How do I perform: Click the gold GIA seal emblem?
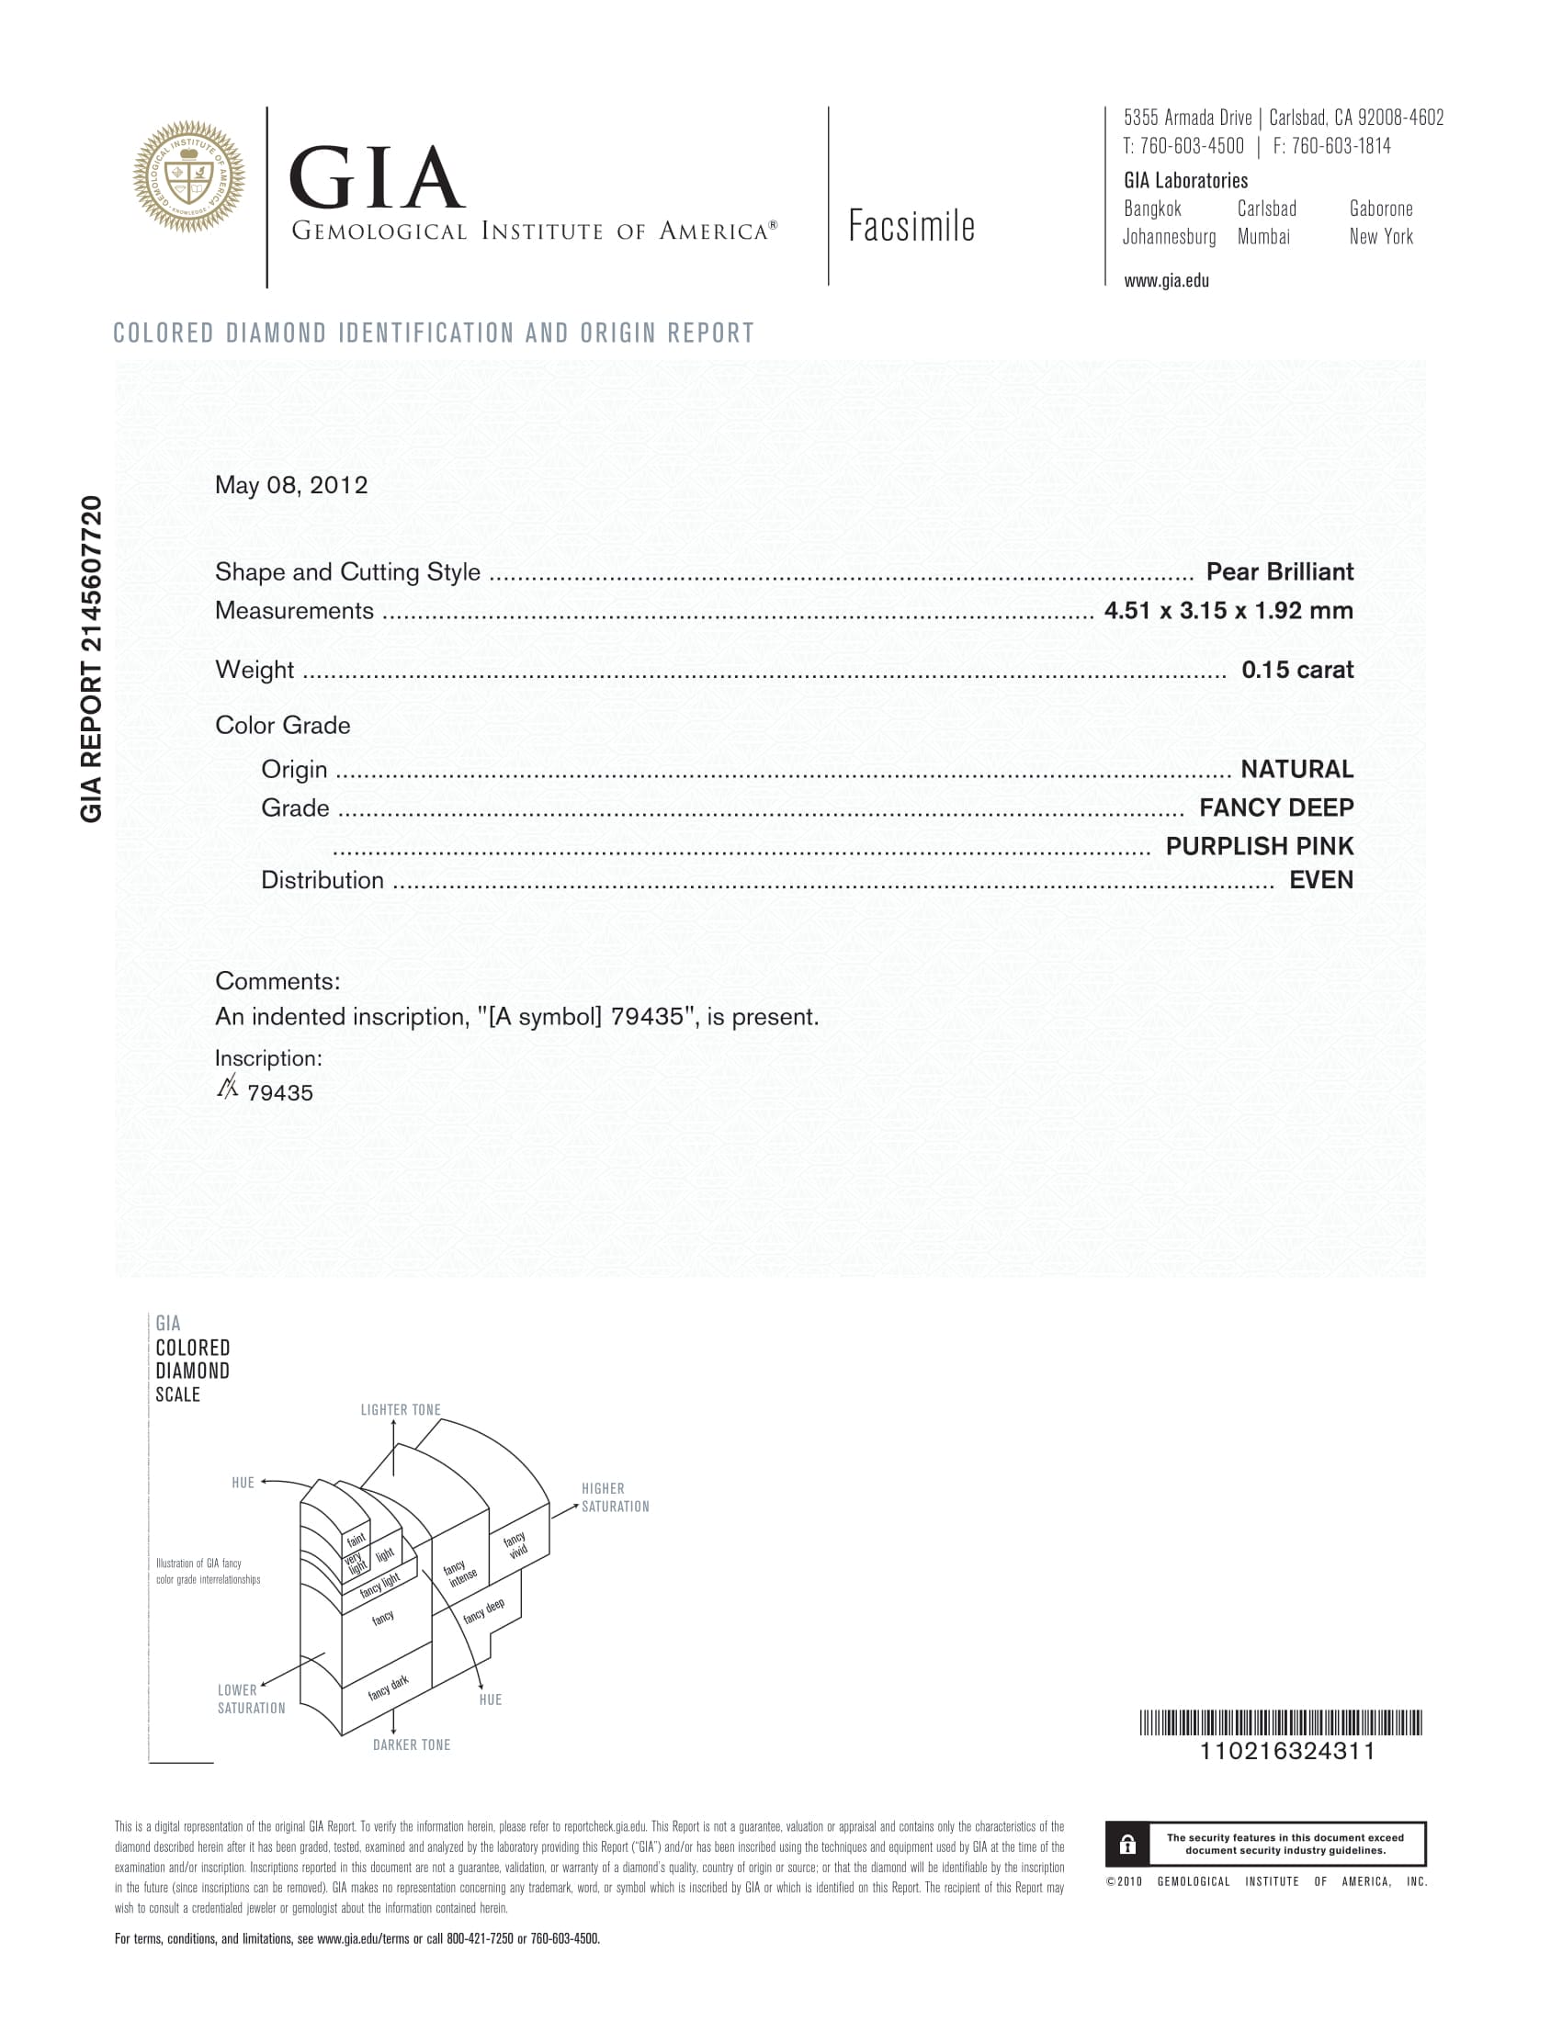point(188,175)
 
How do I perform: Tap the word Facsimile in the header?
point(911,227)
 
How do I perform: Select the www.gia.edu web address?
point(1166,280)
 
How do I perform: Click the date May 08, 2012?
point(290,485)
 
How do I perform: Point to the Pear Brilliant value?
point(1279,572)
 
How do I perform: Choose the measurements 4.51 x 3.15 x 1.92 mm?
point(1228,611)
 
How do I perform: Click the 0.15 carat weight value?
point(1296,670)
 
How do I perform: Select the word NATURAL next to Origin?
point(1296,769)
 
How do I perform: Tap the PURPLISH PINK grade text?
point(1259,846)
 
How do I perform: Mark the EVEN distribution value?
point(1320,880)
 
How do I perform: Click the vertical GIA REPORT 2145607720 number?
point(91,659)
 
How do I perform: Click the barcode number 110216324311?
point(1286,1751)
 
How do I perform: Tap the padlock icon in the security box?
point(1127,1845)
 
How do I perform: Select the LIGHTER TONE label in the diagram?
point(401,1409)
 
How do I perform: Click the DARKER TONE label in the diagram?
point(411,1745)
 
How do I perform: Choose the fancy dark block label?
point(388,1687)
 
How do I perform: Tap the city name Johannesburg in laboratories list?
point(1169,237)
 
